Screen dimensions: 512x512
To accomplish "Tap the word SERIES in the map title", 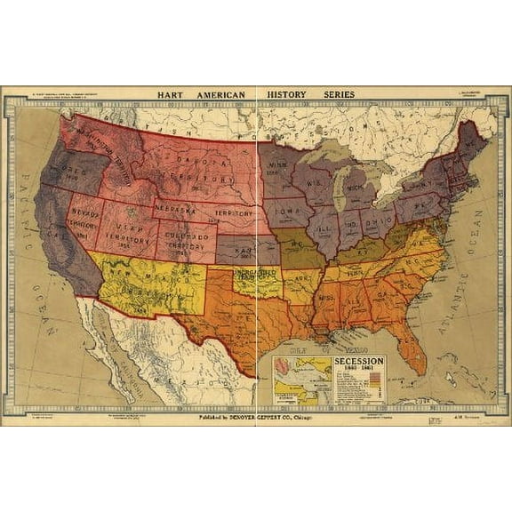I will point(337,94).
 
